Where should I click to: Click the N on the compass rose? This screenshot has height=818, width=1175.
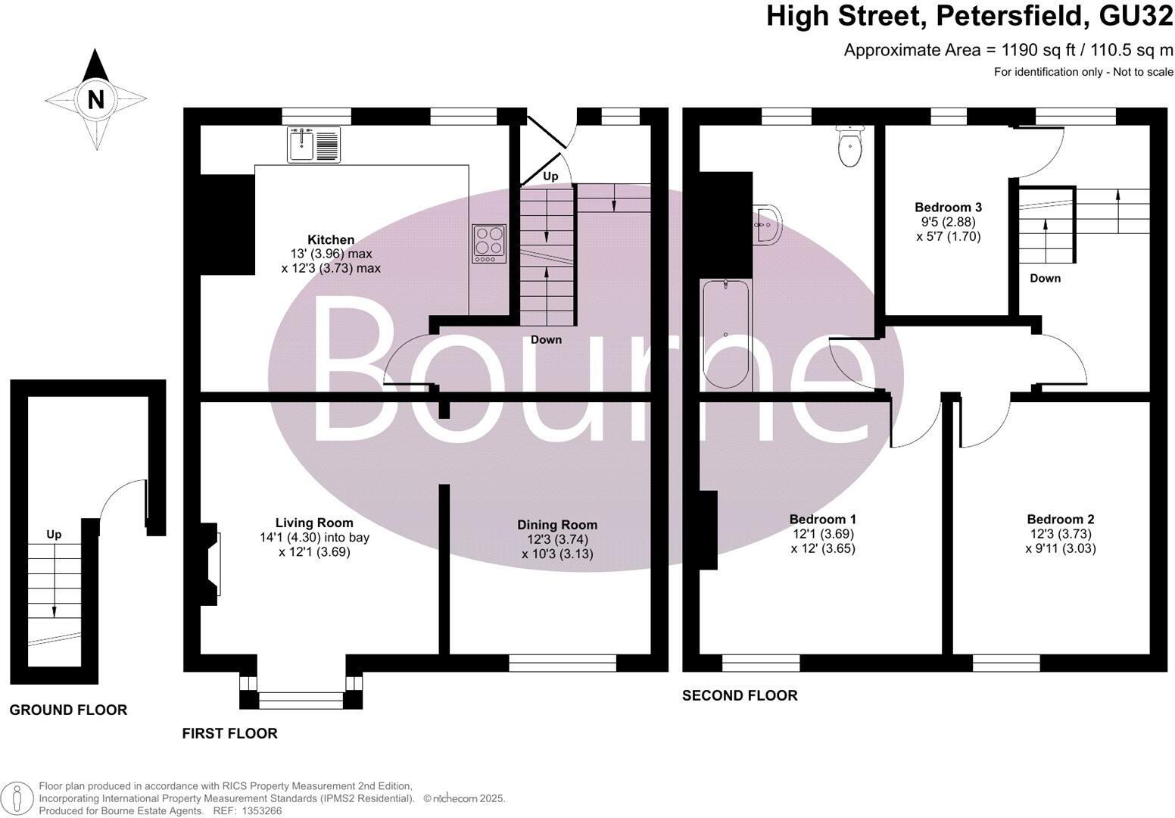click(x=95, y=99)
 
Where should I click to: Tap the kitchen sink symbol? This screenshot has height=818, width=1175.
click(x=314, y=144)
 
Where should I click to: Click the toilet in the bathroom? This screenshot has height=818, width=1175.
click(x=849, y=147)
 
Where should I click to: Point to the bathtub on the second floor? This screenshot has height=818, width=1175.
click(x=725, y=334)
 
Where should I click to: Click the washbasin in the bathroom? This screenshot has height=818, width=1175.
click(x=767, y=224)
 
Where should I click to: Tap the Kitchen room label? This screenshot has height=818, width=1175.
click(x=331, y=239)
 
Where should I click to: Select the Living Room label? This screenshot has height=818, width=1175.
click(x=313, y=523)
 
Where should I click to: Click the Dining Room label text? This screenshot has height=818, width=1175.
click(x=557, y=524)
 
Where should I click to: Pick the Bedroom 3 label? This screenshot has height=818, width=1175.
click(x=948, y=208)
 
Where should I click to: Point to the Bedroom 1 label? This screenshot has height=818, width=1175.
click(x=822, y=519)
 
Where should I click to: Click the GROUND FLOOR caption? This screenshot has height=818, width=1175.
click(x=68, y=710)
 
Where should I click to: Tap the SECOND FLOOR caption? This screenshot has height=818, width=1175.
click(x=739, y=695)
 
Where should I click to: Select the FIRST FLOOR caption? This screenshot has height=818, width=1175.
click(x=229, y=733)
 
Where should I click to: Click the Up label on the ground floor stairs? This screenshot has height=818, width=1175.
click(x=54, y=534)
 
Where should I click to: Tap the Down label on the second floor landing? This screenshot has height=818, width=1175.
click(x=1045, y=278)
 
